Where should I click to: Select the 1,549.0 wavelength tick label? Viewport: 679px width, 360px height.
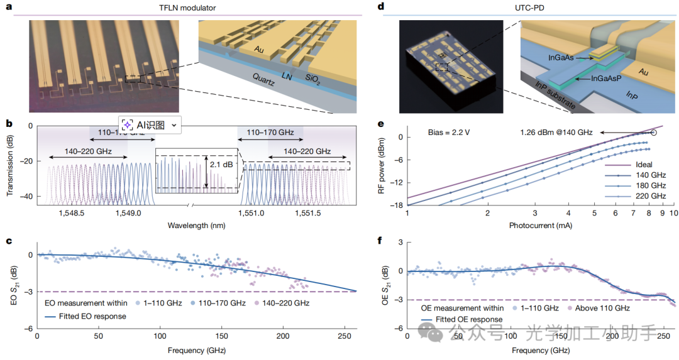pyautogui.click(x=128, y=214)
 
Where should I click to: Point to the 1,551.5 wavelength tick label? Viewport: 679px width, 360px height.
pyautogui.click(x=307, y=214)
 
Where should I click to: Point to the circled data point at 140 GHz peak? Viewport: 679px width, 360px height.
pyautogui.click(x=653, y=133)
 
